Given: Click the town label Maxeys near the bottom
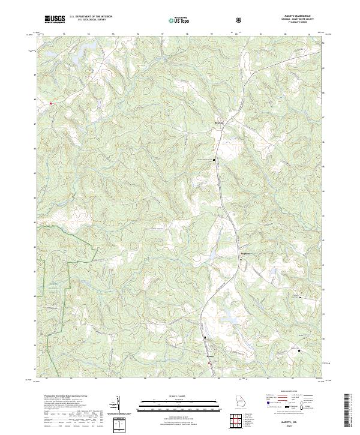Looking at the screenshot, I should coord(210,358).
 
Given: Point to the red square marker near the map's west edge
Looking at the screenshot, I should coord(51,103).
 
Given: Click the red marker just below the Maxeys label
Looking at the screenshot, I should coord(209,362).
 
